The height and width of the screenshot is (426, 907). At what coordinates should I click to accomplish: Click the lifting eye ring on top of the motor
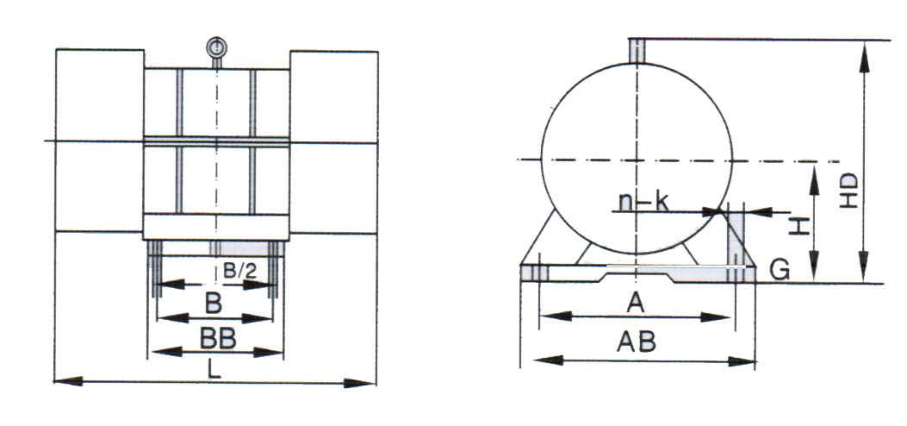point(217,47)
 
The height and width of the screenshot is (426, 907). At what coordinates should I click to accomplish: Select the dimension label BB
point(216,338)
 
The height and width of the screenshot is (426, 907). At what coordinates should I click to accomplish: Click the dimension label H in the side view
point(800,227)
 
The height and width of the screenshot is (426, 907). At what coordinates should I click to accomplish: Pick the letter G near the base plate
point(780,271)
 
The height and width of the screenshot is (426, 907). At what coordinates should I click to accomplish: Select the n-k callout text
point(644,202)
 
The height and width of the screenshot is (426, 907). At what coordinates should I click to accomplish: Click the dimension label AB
point(637,342)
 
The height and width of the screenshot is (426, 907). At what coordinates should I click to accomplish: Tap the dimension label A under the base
point(636,302)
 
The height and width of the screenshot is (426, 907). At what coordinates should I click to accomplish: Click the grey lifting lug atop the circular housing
point(637,49)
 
